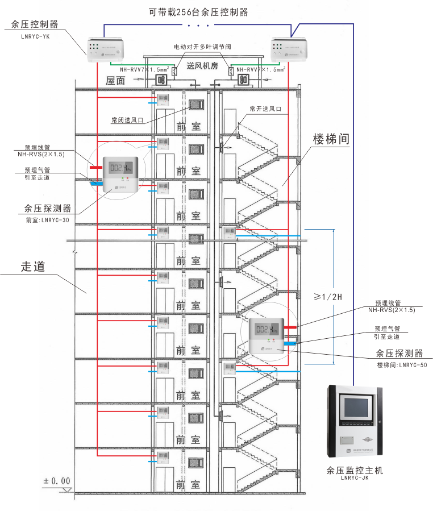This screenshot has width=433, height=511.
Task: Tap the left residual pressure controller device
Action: tap(106, 50)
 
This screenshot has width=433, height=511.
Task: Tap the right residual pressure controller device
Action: tap(290, 50)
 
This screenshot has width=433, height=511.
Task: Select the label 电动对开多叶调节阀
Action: tap(202, 47)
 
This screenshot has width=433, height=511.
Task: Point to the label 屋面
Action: tap(115, 81)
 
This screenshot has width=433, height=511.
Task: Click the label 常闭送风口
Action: tap(127, 120)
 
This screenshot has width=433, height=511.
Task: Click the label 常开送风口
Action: tap(265, 108)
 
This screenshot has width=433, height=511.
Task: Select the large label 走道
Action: tap(33, 266)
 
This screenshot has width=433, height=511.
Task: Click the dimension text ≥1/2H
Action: tap(329, 296)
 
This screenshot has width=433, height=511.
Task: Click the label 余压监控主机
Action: tap(355, 471)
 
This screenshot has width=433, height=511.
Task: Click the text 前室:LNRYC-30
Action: tap(48, 221)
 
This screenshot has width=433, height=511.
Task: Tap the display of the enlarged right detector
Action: tap(267, 330)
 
